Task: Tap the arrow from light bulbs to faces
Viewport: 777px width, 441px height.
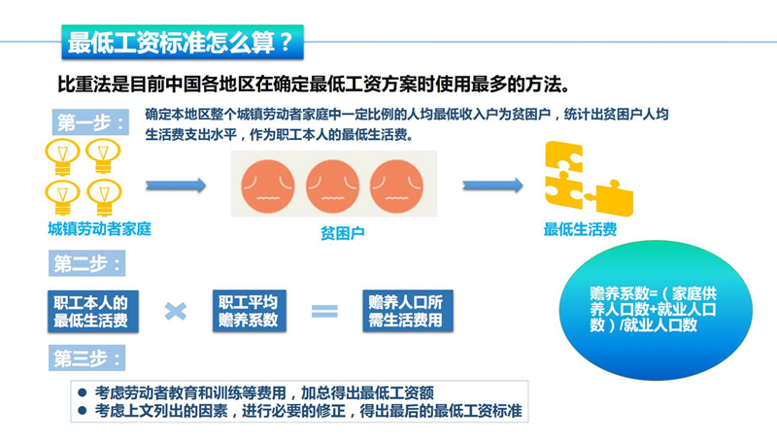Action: [176, 185]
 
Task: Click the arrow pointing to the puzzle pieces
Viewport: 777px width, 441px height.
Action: [492, 185]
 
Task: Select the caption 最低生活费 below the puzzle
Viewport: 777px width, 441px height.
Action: [580, 230]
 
